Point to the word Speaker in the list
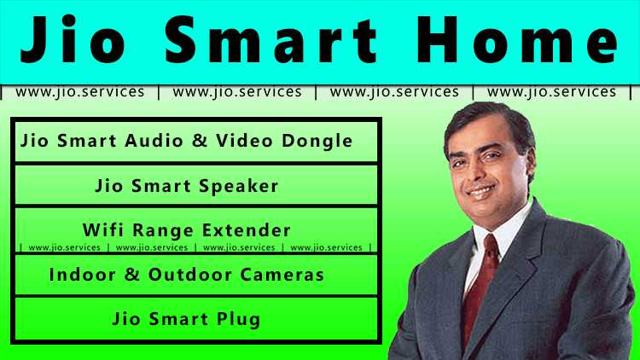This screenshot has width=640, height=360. click(242, 185)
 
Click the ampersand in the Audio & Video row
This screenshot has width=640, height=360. click(199, 141)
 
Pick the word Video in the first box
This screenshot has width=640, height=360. click(241, 141)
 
